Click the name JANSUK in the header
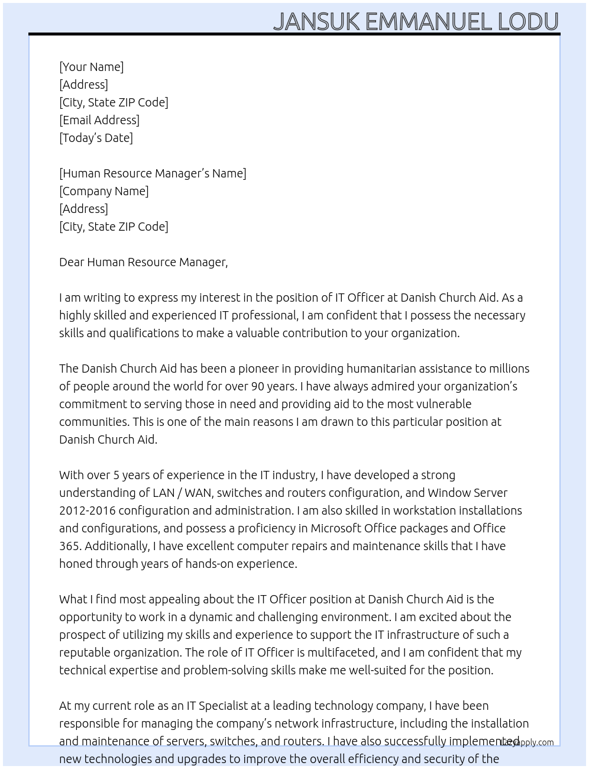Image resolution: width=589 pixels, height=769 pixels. pyautogui.click(x=316, y=21)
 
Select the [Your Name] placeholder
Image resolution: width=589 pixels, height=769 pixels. pyautogui.click(x=91, y=67)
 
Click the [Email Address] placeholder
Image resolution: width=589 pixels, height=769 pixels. pyautogui.click(x=99, y=120)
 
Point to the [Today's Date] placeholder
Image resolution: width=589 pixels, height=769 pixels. pyautogui.click(x=96, y=138)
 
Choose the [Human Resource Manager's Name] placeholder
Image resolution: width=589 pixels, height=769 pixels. pyautogui.click(x=153, y=173)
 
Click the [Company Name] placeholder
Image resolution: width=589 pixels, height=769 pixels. pyautogui.click(x=103, y=191)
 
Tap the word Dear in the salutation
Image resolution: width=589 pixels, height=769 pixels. pyautogui.click(x=72, y=262)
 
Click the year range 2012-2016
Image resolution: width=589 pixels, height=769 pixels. pyautogui.click(x=87, y=510)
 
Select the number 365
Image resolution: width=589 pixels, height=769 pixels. pyautogui.click(x=69, y=546)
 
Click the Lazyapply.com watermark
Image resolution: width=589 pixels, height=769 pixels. pyautogui.click(x=527, y=742)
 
